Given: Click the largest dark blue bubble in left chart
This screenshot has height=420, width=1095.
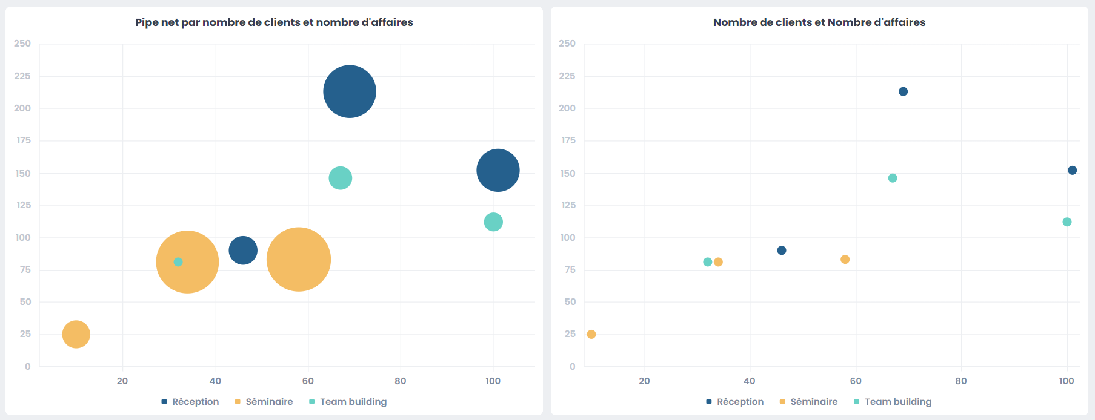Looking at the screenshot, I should pyautogui.click(x=350, y=91).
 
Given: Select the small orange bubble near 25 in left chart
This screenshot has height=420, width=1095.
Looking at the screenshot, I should pyautogui.click(x=76, y=334).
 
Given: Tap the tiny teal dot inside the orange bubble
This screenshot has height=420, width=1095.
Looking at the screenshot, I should pyautogui.click(x=178, y=262).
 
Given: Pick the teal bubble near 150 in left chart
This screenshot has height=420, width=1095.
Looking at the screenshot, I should pyautogui.click(x=341, y=178).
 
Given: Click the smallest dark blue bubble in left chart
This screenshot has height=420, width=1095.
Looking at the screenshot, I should pyautogui.click(x=243, y=250).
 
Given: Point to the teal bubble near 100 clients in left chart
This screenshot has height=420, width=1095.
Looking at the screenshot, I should pyautogui.click(x=493, y=222).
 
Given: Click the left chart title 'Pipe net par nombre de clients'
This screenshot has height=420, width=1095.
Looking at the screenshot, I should pyautogui.click(x=274, y=22).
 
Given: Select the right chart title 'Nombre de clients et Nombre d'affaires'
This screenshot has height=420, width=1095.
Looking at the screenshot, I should pyautogui.click(x=819, y=22).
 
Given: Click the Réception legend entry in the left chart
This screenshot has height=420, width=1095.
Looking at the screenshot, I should pyautogui.click(x=190, y=402).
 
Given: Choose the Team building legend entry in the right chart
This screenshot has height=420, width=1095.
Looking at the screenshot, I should pyautogui.click(x=893, y=402).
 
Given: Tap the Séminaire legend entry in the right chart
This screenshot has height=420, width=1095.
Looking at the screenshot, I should pyautogui.click(x=809, y=402).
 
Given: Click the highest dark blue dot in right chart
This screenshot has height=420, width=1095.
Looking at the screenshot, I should pyautogui.click(x=903, y=91).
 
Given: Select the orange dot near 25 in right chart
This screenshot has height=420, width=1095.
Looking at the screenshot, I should pyautogui.click(x=591, y=334).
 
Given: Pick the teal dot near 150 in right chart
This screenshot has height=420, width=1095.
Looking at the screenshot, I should pyautogui.click(x=893, y=178).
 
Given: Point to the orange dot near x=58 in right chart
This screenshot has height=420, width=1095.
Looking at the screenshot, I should pyautogui.click(x=845, y=260).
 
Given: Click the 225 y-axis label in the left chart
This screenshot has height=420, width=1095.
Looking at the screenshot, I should pyautogui.click(x=22, y=76).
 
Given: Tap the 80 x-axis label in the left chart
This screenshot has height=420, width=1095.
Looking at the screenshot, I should pyautogui.click(x=401, y=381).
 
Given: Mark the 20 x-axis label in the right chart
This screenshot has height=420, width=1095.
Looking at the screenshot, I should pyautogui.click(x=644, y=381).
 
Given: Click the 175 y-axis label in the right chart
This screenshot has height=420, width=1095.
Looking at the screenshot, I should pyautogui.click(x=568, y=140).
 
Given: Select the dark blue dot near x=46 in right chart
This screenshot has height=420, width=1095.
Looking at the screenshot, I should pyautogui.click(x=782, y=251).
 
